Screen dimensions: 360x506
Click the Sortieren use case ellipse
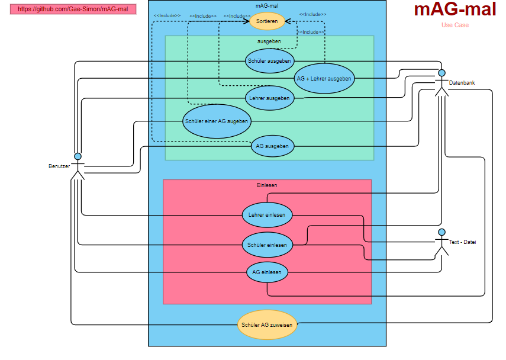click(x=267, y=21)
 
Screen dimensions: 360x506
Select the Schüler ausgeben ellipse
click(x=270, y=60)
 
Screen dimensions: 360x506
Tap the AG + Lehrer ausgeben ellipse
click(x=324, y=78)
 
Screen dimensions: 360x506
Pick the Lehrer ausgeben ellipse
click(x=269, y=98)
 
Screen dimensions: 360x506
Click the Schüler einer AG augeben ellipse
click(x=217, y=121)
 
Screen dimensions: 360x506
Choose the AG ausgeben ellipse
click(x=272, y=146)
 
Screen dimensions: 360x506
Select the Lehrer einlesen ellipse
click(x=267, y=215)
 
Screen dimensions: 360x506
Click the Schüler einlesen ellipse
click(x=267, y=245)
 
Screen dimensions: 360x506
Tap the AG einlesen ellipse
click(x=267, y=272)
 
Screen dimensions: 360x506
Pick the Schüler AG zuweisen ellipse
click(x=267, y=324)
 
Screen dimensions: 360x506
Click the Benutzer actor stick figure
click(x=78, y=166)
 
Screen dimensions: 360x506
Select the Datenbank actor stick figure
click(x=441, y=83)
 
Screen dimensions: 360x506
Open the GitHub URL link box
click(x=73, y=9)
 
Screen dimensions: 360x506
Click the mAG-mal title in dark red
click(x=455, y=10)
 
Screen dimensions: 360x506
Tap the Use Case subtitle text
click(x=455, y=25)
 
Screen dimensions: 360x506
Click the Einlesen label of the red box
click(x=267, y=185)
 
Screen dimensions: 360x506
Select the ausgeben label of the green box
click(x=269, y=41)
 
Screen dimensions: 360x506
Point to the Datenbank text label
click(x=462, y=83)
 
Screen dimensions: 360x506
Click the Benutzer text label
click(x=59, y=166)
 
